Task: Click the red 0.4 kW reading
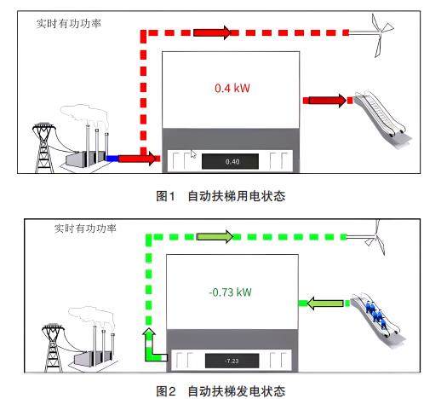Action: (232, 88)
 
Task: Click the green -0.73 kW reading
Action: (230, 292)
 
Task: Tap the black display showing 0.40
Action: (230, 161)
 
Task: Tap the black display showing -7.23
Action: (232, 361)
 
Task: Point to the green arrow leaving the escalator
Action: (325, 304)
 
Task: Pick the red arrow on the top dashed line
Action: (212, 32)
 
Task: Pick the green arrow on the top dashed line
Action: (215, 236)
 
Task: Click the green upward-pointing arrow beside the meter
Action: (151, 344)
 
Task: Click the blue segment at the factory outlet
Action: (112, 159)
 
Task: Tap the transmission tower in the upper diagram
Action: (43, 147)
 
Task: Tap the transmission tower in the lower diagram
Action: (53, 347)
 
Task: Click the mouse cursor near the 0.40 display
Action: (193, 154)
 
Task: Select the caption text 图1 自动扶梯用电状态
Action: (221, 196)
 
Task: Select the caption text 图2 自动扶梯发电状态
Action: (221, 391)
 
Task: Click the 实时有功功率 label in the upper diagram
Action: (69, 23)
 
